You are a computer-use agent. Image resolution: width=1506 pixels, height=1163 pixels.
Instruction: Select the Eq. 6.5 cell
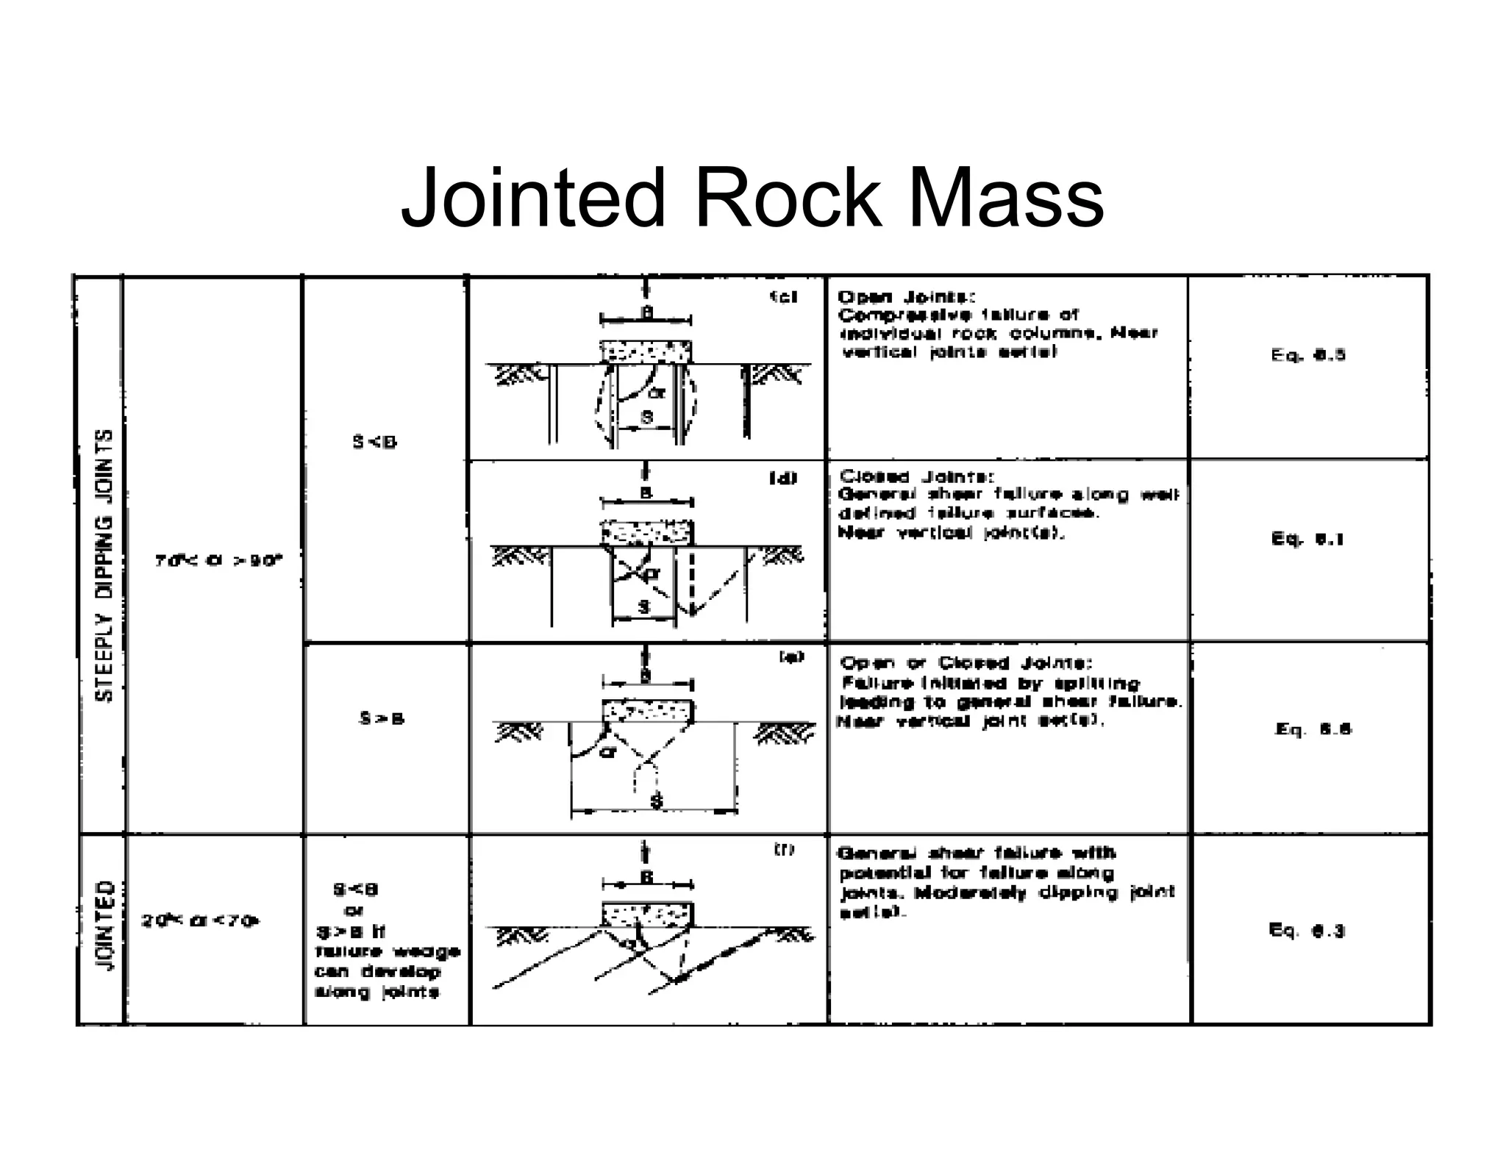1308,355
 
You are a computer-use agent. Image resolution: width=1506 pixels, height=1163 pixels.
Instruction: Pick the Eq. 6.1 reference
1308,539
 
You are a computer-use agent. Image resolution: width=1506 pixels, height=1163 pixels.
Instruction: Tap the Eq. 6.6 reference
1313,729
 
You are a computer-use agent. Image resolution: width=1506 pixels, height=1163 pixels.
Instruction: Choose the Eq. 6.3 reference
1307,931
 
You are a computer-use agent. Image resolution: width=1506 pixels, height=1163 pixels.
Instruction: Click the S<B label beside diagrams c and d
374,442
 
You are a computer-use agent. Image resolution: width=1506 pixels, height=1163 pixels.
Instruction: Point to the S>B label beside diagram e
382,718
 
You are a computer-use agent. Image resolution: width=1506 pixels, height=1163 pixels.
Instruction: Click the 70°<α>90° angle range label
218,561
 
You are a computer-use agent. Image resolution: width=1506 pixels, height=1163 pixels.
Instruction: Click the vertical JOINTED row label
106,926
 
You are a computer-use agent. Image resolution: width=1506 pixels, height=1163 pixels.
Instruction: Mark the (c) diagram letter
783,297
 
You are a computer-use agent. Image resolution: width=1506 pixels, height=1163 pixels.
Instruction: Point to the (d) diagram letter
782,479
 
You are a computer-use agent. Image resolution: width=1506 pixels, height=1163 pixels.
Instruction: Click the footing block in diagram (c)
646,352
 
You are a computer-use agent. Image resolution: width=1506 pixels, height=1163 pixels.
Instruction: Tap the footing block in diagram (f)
647,915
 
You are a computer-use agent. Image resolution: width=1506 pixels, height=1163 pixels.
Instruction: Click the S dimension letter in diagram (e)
657,801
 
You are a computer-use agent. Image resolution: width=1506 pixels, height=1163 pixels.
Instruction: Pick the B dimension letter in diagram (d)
646,493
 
